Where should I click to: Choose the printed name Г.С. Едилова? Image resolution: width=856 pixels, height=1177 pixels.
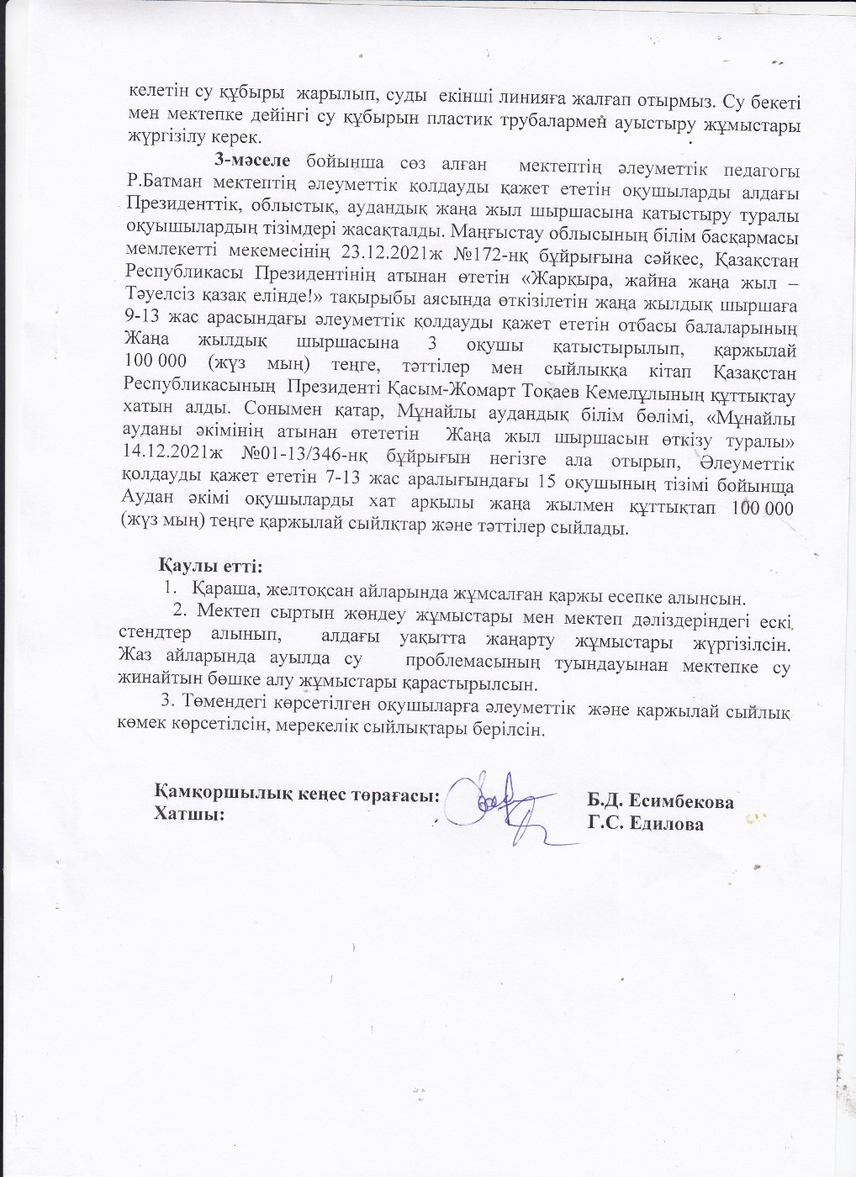(x=646, y=824)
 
